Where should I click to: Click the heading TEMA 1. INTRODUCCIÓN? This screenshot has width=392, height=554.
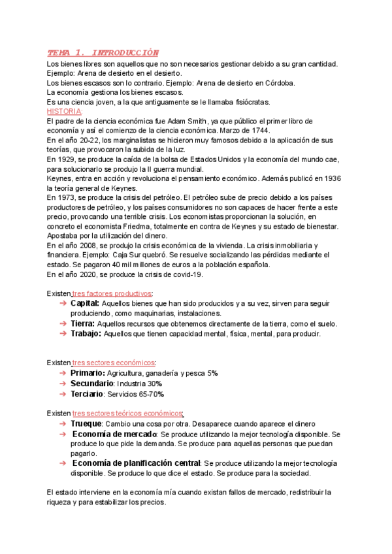click(x=103, y=52)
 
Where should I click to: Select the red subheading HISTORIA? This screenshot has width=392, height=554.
click(x=65, y=111)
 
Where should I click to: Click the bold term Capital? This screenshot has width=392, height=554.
click(x=84, y=303)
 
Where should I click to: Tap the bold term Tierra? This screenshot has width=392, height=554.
click(x=82, y=323)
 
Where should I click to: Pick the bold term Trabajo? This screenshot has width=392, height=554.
click(x=85, y=333)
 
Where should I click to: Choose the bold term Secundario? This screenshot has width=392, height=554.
click(x=91, y=383)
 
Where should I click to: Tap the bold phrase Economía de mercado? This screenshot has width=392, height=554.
click(x=114, y=434)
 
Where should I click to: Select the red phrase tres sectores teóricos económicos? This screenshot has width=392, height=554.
click(x=128, y=413)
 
